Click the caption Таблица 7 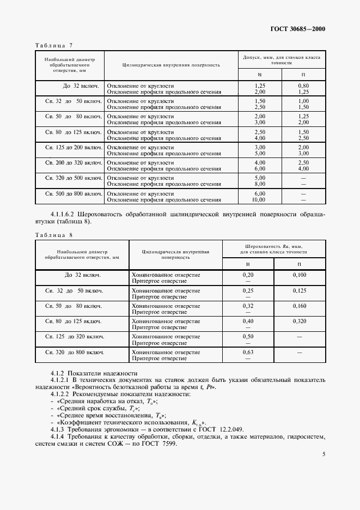(x=54, y=45)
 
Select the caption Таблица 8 (x=54, y=235)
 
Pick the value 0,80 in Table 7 (x=303, y=86)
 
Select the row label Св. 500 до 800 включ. (x=74, y=193)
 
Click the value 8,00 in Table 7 (x=260, y=184)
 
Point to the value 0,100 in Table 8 (x=300, y=275)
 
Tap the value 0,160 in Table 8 (x=300, y=306)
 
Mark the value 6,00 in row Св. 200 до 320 (x=260, y=169)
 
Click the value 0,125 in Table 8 (x=300, y=290)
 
